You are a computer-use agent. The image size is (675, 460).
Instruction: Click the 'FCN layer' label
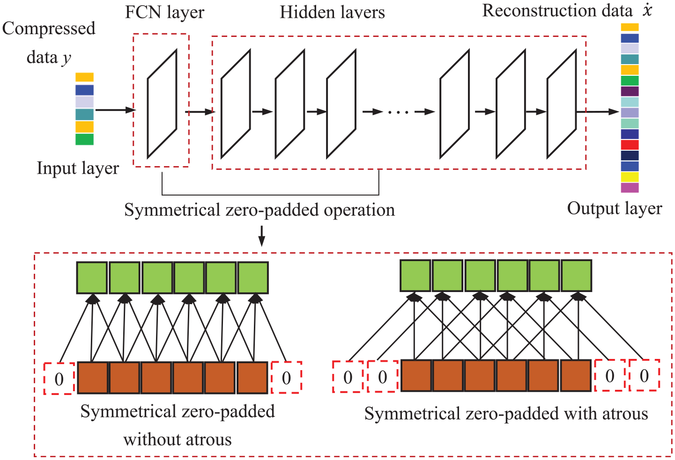pos(164,12)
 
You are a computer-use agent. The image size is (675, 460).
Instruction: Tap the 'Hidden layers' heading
pos(333,12)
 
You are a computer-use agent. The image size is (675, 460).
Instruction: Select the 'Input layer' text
pos(78,168)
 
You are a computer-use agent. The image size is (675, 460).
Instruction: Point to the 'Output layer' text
pos(615,209)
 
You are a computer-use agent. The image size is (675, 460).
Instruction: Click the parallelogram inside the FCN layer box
pos(162,104)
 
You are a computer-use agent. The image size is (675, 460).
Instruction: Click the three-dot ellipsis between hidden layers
pos(398,112)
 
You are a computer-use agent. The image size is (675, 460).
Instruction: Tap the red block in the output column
pos(630,145)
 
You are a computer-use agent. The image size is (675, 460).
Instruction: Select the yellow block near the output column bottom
pos(630,177)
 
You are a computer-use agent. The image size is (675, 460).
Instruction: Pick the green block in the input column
pos(84,139)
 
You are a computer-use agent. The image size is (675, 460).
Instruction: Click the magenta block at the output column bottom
pos(630,188)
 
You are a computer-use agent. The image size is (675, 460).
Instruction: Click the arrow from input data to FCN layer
pos(116,110)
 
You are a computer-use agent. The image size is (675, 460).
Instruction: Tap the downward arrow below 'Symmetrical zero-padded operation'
pos(261,236)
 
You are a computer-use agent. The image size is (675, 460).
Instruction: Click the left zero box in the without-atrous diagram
pos(59,379)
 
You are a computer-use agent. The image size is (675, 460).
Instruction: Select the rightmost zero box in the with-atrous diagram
pos(645,375)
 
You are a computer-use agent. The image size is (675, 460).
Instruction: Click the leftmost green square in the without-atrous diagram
pos(92,277)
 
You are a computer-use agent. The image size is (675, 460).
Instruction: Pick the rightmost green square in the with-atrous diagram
pos(577,276)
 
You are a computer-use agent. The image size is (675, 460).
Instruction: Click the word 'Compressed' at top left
pos(49,29)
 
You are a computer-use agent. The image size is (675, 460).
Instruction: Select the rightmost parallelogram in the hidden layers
pos(562,104)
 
